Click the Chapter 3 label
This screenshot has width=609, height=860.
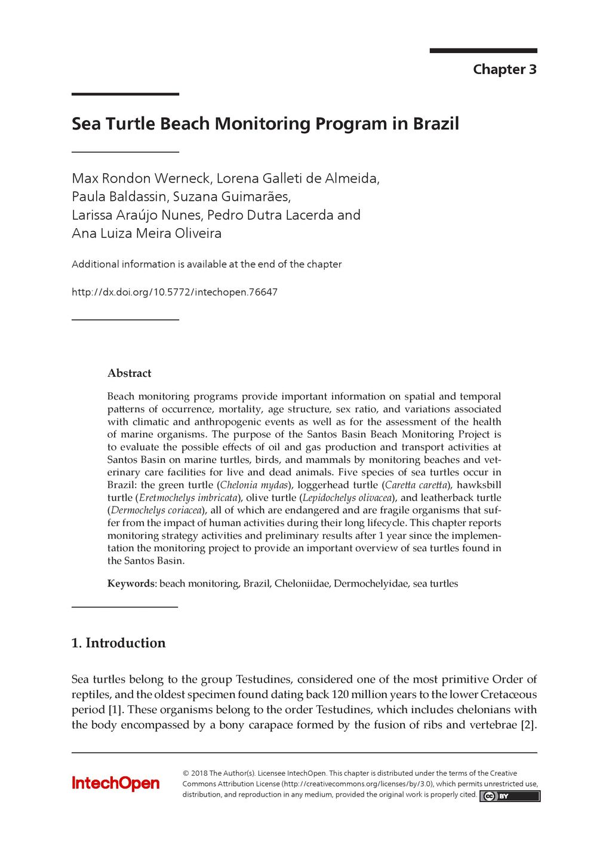click(505, 69)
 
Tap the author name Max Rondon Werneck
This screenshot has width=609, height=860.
click(141, 178)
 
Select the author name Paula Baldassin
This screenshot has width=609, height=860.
click(120, 196)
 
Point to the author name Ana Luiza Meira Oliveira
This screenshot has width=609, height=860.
click(146, 233)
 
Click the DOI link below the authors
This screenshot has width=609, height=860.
click(174, 292)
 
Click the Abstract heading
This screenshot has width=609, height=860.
click(129, 373)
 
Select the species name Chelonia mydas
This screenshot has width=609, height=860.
click(254, 485)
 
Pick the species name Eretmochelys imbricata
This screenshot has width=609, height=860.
click(187, 497)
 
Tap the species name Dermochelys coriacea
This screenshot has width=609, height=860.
click(156, 510)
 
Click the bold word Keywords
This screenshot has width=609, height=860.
click(131, 583)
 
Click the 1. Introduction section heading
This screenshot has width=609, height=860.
click(118, 643)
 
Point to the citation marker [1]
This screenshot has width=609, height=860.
click(115, 709)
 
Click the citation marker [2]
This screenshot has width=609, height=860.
click(528, 725)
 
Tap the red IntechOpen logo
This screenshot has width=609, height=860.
click(116, 784)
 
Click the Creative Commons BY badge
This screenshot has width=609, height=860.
click(509, 796)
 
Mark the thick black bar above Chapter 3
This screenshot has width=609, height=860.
click(483, 51)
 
